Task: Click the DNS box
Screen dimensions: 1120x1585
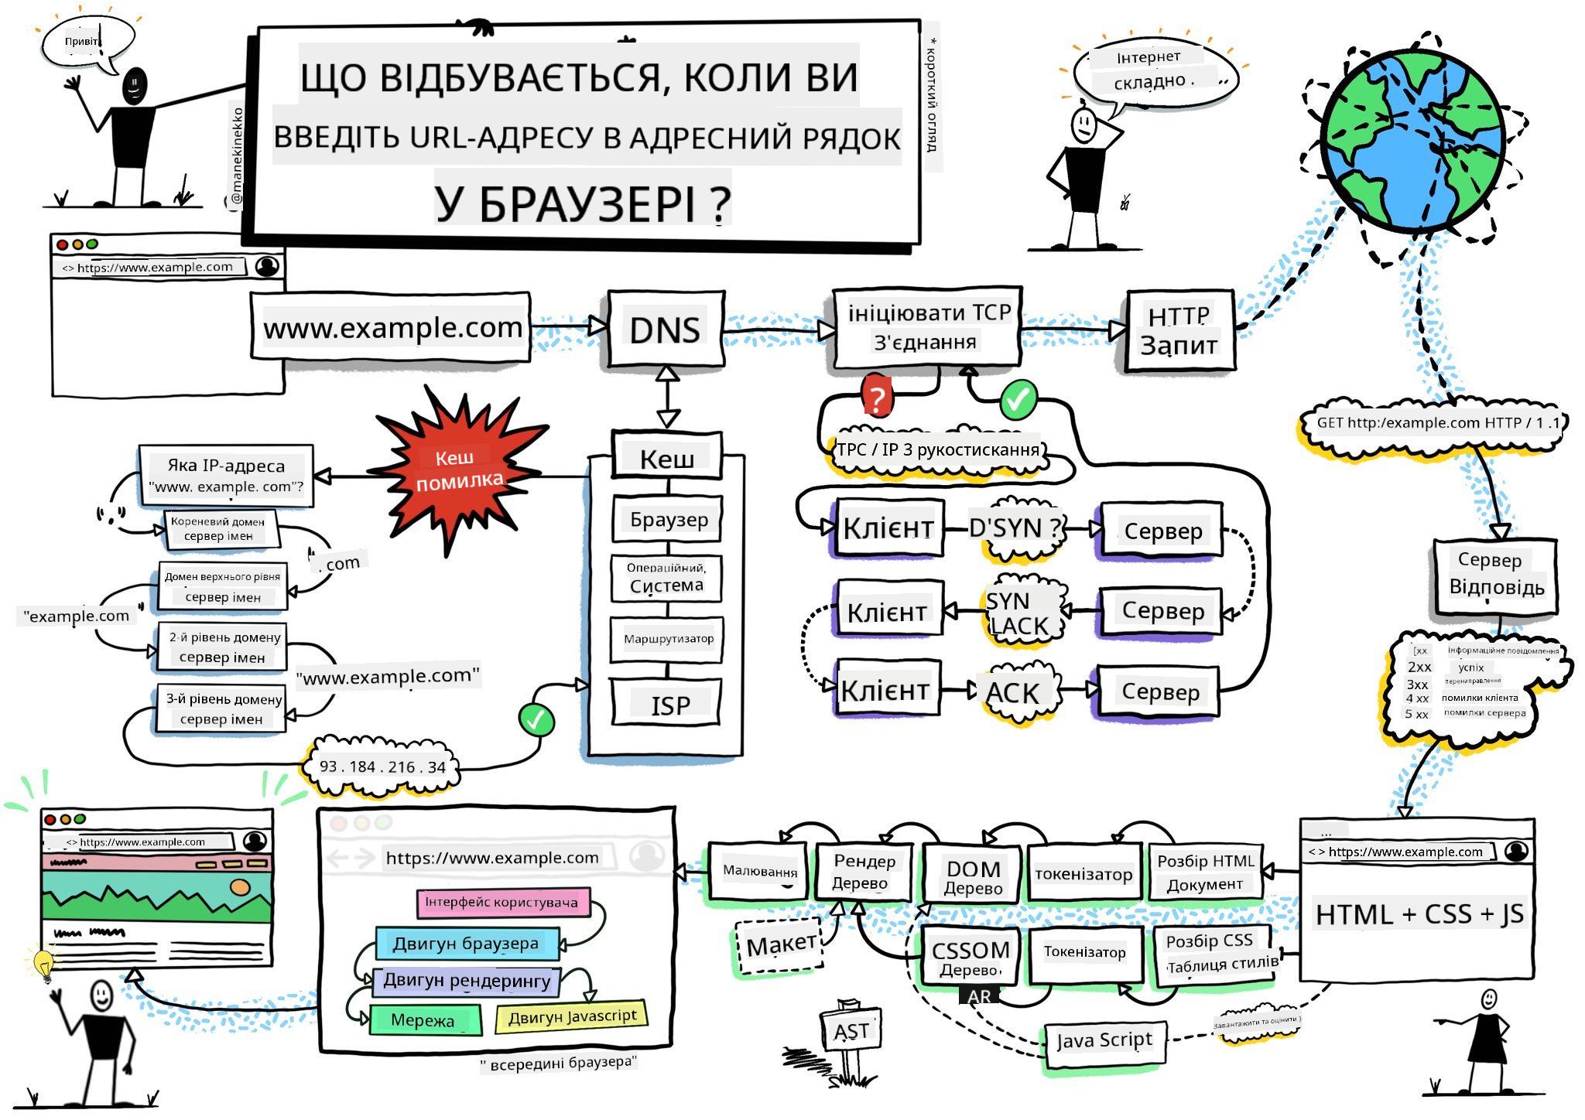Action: coord(666,330)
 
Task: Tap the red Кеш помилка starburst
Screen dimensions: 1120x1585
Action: coord(457,470)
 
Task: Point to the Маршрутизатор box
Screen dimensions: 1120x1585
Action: coord(667,639)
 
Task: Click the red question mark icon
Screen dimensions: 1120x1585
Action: coord(876,398)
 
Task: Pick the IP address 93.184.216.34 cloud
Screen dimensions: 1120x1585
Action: coord(382,767)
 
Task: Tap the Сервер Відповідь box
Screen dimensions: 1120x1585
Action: coord(1495,574)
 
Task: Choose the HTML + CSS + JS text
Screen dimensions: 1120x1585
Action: coord(1419,914)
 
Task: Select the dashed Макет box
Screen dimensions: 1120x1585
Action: coord(779,945)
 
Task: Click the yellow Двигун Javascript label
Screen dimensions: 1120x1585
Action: coord(572,1016)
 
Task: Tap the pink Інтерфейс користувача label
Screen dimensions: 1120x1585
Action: coord(502,903)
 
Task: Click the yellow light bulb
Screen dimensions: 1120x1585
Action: coord(43,964)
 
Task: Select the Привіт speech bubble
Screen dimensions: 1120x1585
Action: coord(84,43)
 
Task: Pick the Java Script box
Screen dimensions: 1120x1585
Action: coord(1104,1041)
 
